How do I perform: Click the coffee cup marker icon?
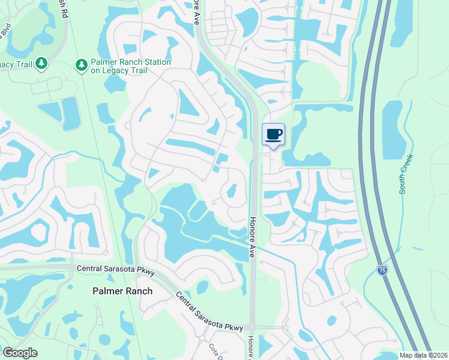[x=273, y=134]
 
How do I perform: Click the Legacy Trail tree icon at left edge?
[x=41, y=62]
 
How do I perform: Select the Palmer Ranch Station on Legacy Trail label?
[x=130, y=66]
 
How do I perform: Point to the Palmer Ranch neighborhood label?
[x=122, y=291]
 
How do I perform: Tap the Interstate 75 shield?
[x=382, y=271]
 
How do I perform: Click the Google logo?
[x=20, y=352]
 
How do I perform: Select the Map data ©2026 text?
[x=423, y=355]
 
